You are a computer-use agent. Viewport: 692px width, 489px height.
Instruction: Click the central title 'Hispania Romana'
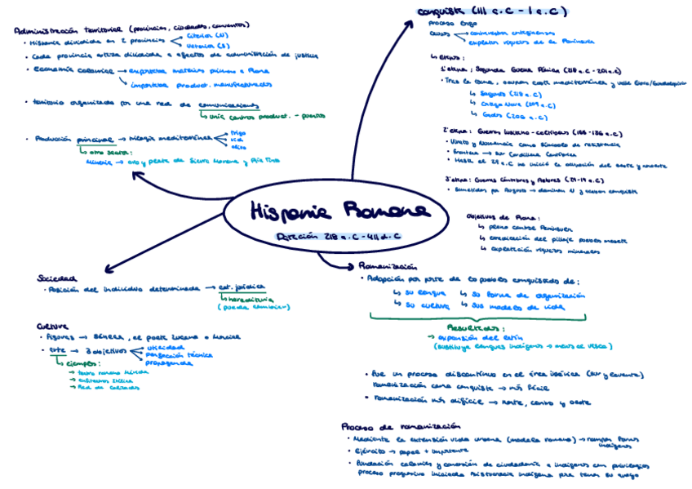[339, 211]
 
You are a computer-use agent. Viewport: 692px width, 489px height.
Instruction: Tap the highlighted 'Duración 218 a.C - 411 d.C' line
[339, 237]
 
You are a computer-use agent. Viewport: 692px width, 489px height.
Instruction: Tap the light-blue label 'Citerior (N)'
[207, 37]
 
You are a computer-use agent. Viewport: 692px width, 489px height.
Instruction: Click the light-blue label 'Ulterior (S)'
[207, 47]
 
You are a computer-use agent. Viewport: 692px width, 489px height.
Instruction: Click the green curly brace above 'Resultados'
[479, 315]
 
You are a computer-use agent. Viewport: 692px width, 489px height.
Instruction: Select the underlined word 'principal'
[96, 140]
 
